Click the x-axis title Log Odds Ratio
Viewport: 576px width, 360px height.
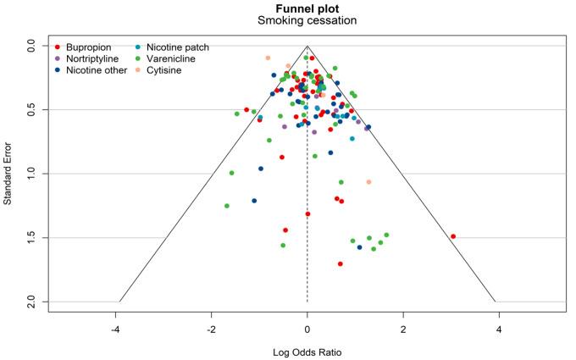[307, 351]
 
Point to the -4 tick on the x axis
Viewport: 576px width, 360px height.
[115, 329]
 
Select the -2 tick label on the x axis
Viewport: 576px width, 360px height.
[211, 329]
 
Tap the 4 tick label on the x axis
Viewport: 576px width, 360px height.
[499, 329]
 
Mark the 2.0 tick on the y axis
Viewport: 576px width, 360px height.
[31, 302]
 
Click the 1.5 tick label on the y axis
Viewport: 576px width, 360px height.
[31, 237]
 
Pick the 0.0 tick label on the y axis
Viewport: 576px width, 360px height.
[31, 46]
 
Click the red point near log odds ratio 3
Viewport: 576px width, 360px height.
[453, 236]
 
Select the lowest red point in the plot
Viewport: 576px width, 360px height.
[341, 263]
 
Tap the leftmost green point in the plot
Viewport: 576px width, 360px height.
[227, 206]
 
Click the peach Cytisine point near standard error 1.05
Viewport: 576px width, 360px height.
[368, 182]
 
